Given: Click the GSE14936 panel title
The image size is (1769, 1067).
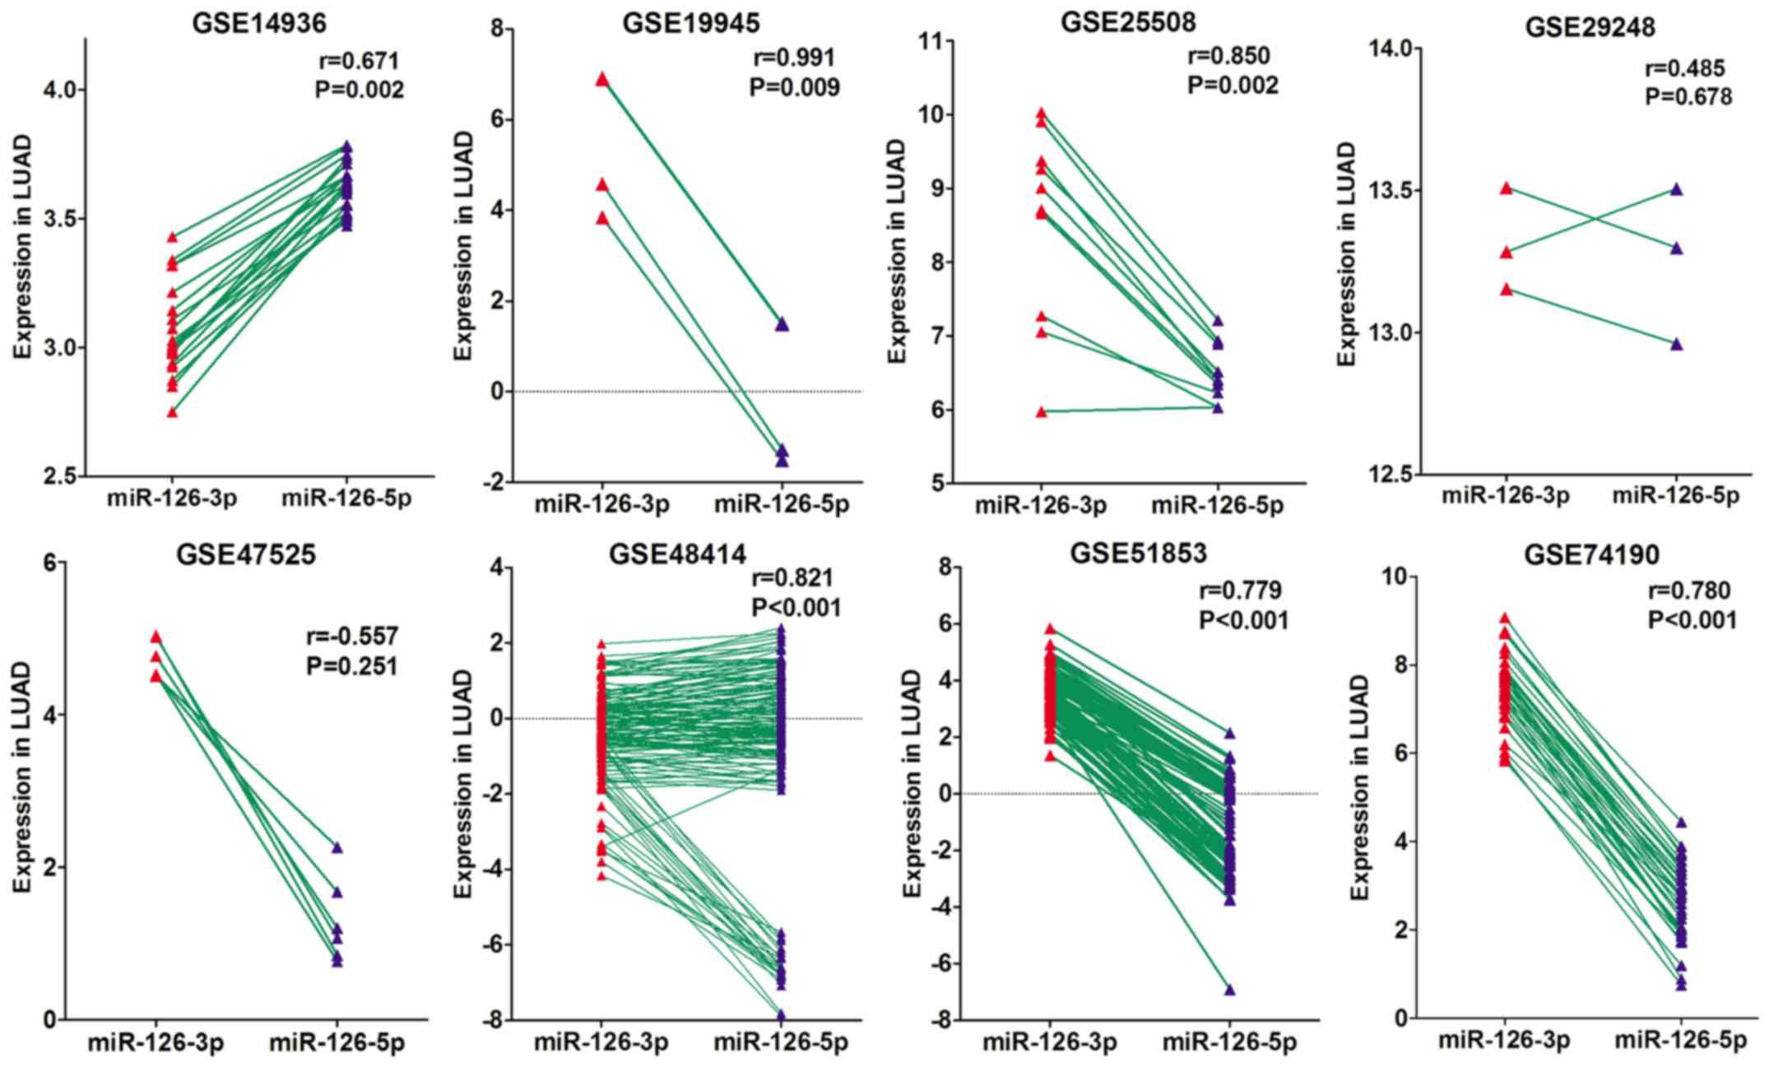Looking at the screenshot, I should tap(258, 24).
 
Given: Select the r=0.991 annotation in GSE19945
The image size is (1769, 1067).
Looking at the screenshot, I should tap(794, 58).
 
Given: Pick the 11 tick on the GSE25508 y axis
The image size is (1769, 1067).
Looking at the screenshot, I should tap(933, 40).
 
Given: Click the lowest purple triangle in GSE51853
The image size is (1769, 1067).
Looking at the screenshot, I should tap(1229, 990).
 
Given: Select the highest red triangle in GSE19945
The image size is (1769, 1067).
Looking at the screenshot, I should tap(602, 79).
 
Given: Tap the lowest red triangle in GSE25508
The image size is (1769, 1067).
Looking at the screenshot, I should tap(1041, 412).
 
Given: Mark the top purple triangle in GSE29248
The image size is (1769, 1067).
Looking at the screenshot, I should tap(1676, 190).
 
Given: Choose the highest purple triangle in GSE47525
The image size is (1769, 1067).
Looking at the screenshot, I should tap(337, 848).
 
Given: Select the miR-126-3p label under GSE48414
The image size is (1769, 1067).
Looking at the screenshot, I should tap(601, 1043).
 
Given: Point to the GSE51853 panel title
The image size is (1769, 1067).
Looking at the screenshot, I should tap(1138, 554).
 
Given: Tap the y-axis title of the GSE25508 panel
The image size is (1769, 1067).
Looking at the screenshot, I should tap(898, 251).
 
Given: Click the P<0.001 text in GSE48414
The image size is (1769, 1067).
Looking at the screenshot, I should tap(796, 608).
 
